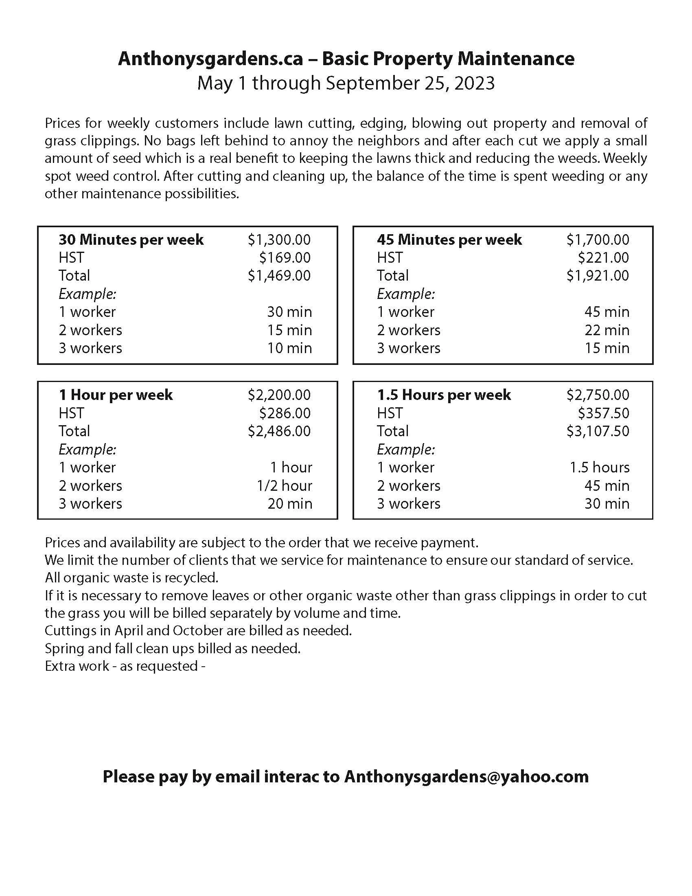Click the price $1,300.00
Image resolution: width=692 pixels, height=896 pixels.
click(279, 239)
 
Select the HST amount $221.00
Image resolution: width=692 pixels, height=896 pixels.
click(603, 258)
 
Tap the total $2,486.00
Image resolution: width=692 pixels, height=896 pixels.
click(279, 431)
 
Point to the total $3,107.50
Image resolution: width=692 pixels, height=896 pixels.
click(598, 431)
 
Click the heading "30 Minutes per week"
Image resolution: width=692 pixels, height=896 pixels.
click(131, 239)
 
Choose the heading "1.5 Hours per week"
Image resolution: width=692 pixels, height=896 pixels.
click(444, 395)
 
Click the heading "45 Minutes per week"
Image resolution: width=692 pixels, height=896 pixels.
click(449, 239)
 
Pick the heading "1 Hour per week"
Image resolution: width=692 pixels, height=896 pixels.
click(116, 395)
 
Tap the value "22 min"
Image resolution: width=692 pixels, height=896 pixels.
click(607, 330)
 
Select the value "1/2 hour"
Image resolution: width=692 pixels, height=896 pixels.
click(285, 486)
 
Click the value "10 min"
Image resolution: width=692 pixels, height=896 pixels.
click(289, 348)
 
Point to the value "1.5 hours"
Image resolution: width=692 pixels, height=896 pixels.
click(599, 468)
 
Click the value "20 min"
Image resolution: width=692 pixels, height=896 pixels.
click(290, 504)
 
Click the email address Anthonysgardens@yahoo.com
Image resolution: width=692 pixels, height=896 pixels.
click(466, 777)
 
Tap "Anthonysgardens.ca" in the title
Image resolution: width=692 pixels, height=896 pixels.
click(210, 59)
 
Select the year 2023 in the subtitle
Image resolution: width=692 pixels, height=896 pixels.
click(474, 83)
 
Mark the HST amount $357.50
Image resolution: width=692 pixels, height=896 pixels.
click(603, 413)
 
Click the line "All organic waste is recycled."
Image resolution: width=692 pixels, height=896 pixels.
click(131, 578)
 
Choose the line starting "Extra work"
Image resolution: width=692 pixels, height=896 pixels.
click(125, 666)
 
